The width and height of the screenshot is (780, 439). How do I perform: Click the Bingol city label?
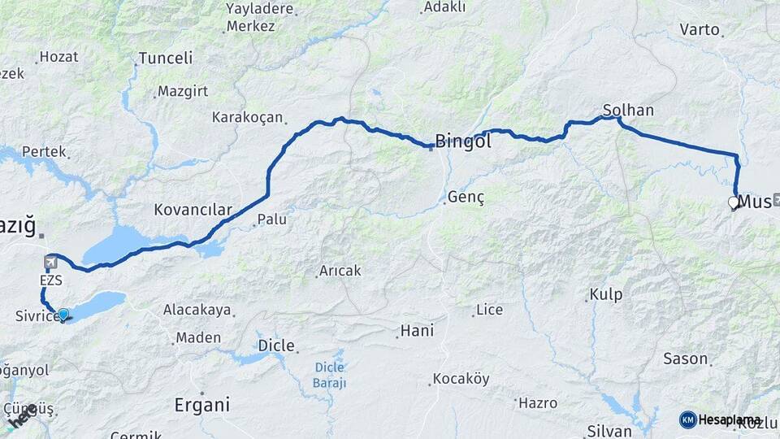click(463, 141)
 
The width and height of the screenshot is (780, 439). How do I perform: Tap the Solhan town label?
click(628, 110)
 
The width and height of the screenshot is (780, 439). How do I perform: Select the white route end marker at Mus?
click(733, 202)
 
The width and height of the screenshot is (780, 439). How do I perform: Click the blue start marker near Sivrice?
click(63, 314)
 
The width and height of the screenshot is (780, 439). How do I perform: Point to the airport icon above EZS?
click(50, 262)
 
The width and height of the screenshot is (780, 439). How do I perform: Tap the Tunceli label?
click(166, 59)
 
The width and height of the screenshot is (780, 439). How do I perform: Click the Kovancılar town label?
click(193, 210)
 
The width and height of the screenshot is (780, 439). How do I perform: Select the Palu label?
click(272, 219)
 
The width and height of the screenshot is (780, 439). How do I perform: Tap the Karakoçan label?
click(245, 117)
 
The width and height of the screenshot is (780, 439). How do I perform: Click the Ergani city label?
click(202, 404)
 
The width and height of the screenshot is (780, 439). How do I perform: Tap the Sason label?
click(685, 359)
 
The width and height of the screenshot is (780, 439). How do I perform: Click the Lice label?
click(489, 310)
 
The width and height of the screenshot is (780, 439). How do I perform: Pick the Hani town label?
click(416, 331)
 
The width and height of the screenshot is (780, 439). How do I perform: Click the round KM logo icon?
click(687, 419)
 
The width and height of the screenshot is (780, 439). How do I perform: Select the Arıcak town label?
click(340, 271)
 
